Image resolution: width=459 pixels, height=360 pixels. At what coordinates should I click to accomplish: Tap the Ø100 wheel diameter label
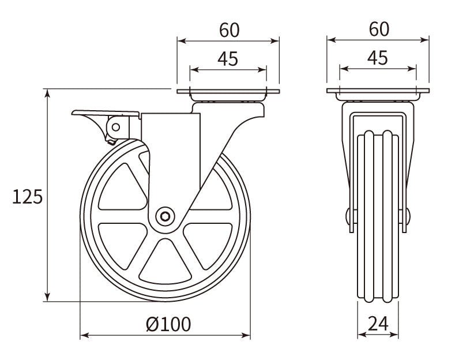[168, 325]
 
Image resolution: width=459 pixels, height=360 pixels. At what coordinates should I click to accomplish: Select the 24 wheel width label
[378, 325]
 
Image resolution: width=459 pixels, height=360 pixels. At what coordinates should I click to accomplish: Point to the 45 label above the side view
[228, 58]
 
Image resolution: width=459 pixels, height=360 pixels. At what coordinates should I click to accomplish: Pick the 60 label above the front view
[378, 29]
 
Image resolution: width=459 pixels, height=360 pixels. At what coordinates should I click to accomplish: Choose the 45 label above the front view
[378, 58]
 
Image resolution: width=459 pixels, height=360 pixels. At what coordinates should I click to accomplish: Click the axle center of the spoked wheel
[165, 216]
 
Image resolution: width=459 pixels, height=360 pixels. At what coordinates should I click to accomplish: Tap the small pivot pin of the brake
[116, 126]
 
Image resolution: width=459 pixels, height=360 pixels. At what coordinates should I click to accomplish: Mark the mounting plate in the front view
[378, 92]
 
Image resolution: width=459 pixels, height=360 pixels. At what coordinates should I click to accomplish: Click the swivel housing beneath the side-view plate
[228, 107]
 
